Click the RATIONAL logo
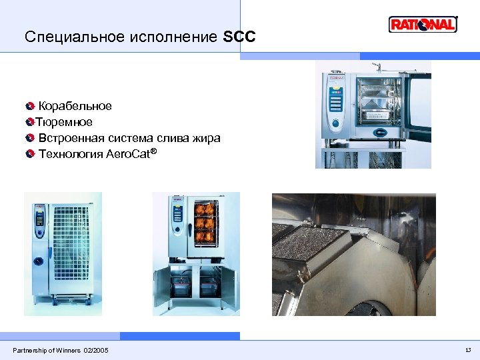point(423,25)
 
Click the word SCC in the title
point(239,37)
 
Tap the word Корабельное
point(75,106)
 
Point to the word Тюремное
point(64,122)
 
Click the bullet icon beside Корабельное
point(30,106)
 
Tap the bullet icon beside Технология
point(30,155)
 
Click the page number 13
point(467,350)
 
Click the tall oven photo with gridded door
point(63,253)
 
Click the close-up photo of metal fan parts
point(353,254)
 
